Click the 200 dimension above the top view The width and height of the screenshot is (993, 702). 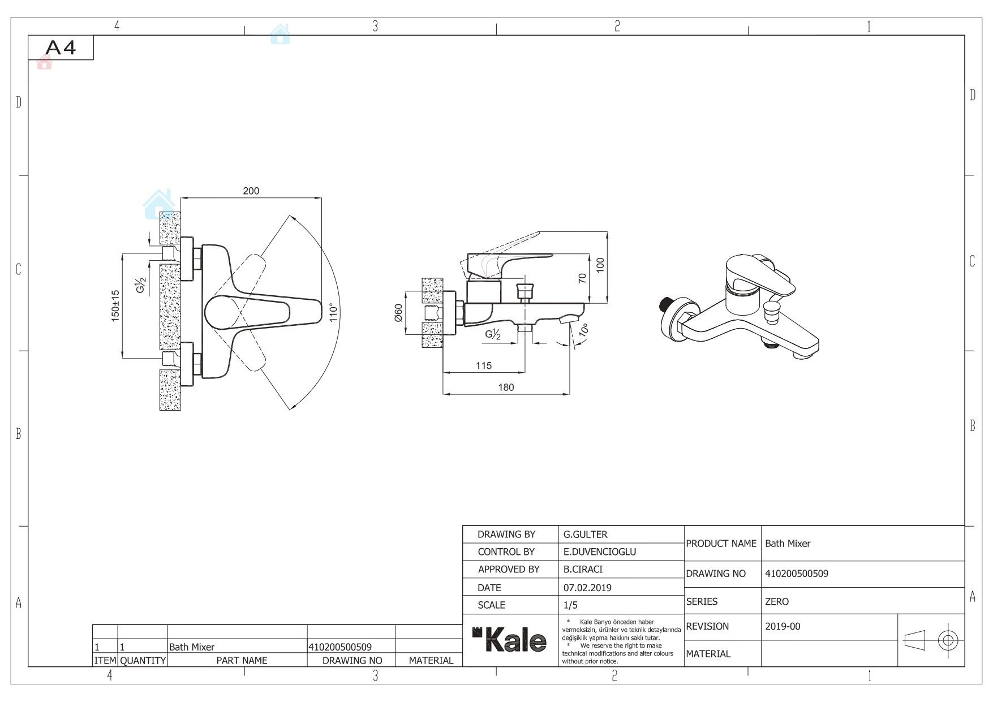tap(251, 191)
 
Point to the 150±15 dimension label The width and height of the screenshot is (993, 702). tap(115, 306)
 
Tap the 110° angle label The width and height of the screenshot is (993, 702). tap(334, 313)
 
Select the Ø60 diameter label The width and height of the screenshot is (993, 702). tap(398, 313)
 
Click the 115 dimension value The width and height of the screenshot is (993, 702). tap(484, 365)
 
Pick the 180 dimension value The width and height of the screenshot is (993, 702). tap(506, 387)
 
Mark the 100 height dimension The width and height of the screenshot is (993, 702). tap(600, 265)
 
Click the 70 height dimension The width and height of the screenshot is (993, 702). tap(582, 278)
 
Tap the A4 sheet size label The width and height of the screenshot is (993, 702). tap(61, 48)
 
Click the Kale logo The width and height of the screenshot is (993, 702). tap(510, 640)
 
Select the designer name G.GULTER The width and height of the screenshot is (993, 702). tap(585, 534)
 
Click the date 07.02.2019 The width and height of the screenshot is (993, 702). tap(587, 588)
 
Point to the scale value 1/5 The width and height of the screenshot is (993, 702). tap(570, 605)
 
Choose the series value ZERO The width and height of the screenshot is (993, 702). tap(776, 602)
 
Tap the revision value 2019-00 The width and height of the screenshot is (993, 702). tap(783, 627)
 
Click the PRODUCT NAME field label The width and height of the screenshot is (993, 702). tap(721, 544)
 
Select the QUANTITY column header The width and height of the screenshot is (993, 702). tap(143, 660)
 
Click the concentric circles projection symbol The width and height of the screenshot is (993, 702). tap(948, 640)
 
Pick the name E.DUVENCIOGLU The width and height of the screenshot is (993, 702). tap(599, 552)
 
